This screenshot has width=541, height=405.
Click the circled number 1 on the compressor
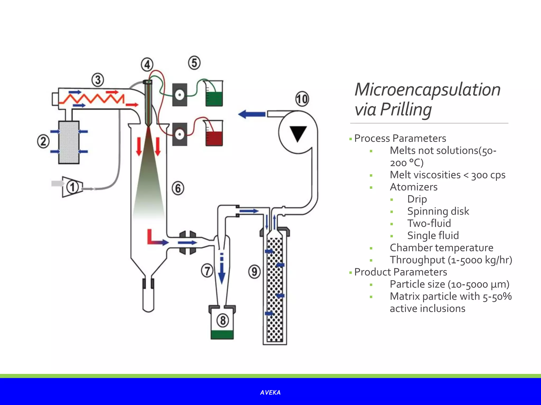point(72,187)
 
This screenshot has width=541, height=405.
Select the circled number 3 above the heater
point(98,80)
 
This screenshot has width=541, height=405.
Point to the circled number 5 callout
point(194,63)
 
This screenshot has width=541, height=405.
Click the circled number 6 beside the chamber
point(178,188)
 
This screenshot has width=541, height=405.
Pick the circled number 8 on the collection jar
point(223,320)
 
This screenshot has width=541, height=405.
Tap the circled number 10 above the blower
point(302,99)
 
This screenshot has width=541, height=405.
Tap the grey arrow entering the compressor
point(57,183)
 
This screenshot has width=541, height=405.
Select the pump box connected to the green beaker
point(180,95)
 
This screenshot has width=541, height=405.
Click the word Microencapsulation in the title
point(427,90)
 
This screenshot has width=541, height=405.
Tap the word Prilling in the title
point(406,109)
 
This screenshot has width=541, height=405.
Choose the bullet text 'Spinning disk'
point(438,211)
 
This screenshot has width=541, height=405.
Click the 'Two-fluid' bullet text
point(429,223)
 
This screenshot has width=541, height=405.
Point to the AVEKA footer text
point(270,393)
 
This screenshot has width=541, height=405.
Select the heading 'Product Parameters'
point(400,272)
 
